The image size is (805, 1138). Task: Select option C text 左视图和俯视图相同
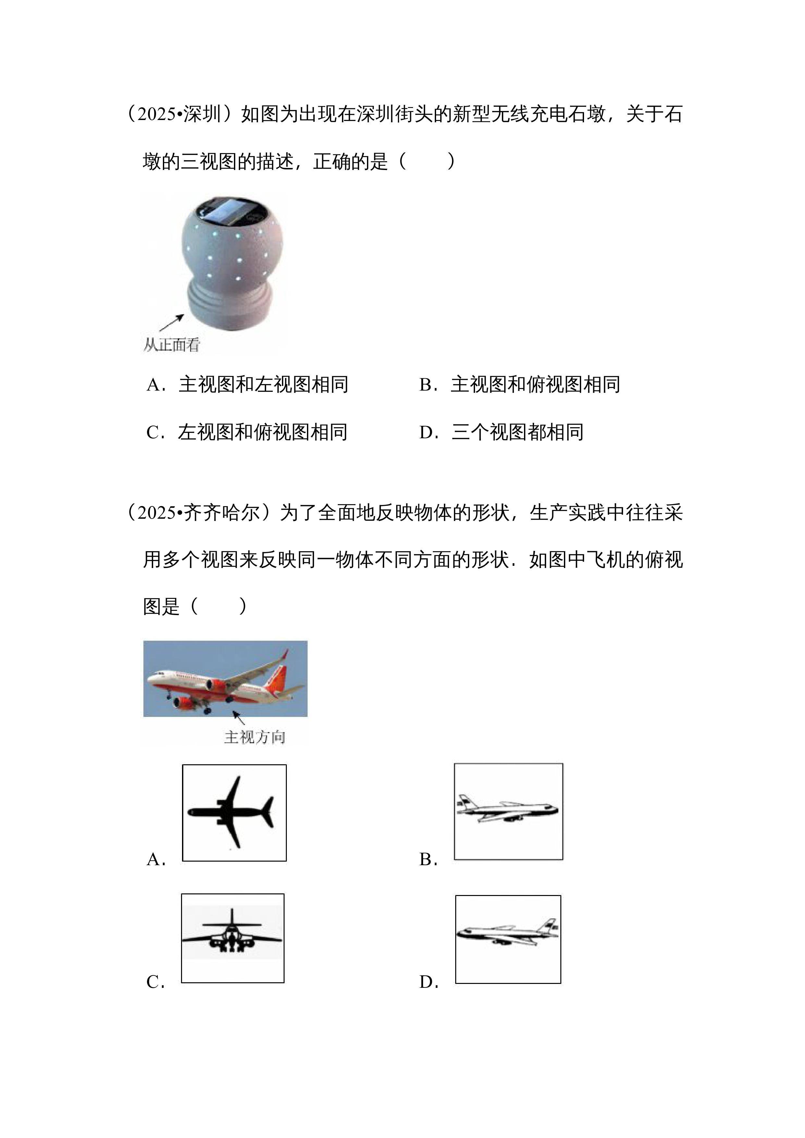pos(263,432)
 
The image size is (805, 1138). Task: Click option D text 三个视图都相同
pos(518,432)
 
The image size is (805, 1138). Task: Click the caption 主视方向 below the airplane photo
pos(255,737)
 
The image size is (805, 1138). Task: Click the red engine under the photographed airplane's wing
pos(216,686)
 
